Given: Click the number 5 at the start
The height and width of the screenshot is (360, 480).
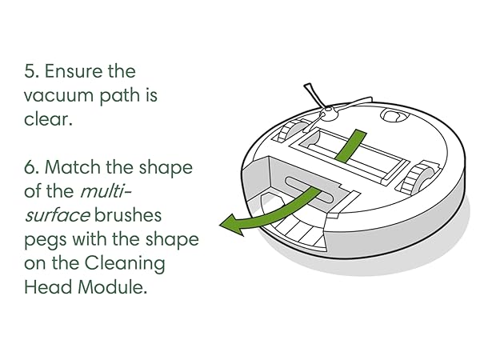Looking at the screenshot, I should click(x=30, y=71).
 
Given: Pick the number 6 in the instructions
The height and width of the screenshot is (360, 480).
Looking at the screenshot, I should click(x=30, y=169).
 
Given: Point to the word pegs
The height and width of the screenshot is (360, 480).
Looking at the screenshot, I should click(x=46, y=241).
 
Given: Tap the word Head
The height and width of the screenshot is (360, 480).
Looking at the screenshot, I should click(x=48, y=289).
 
